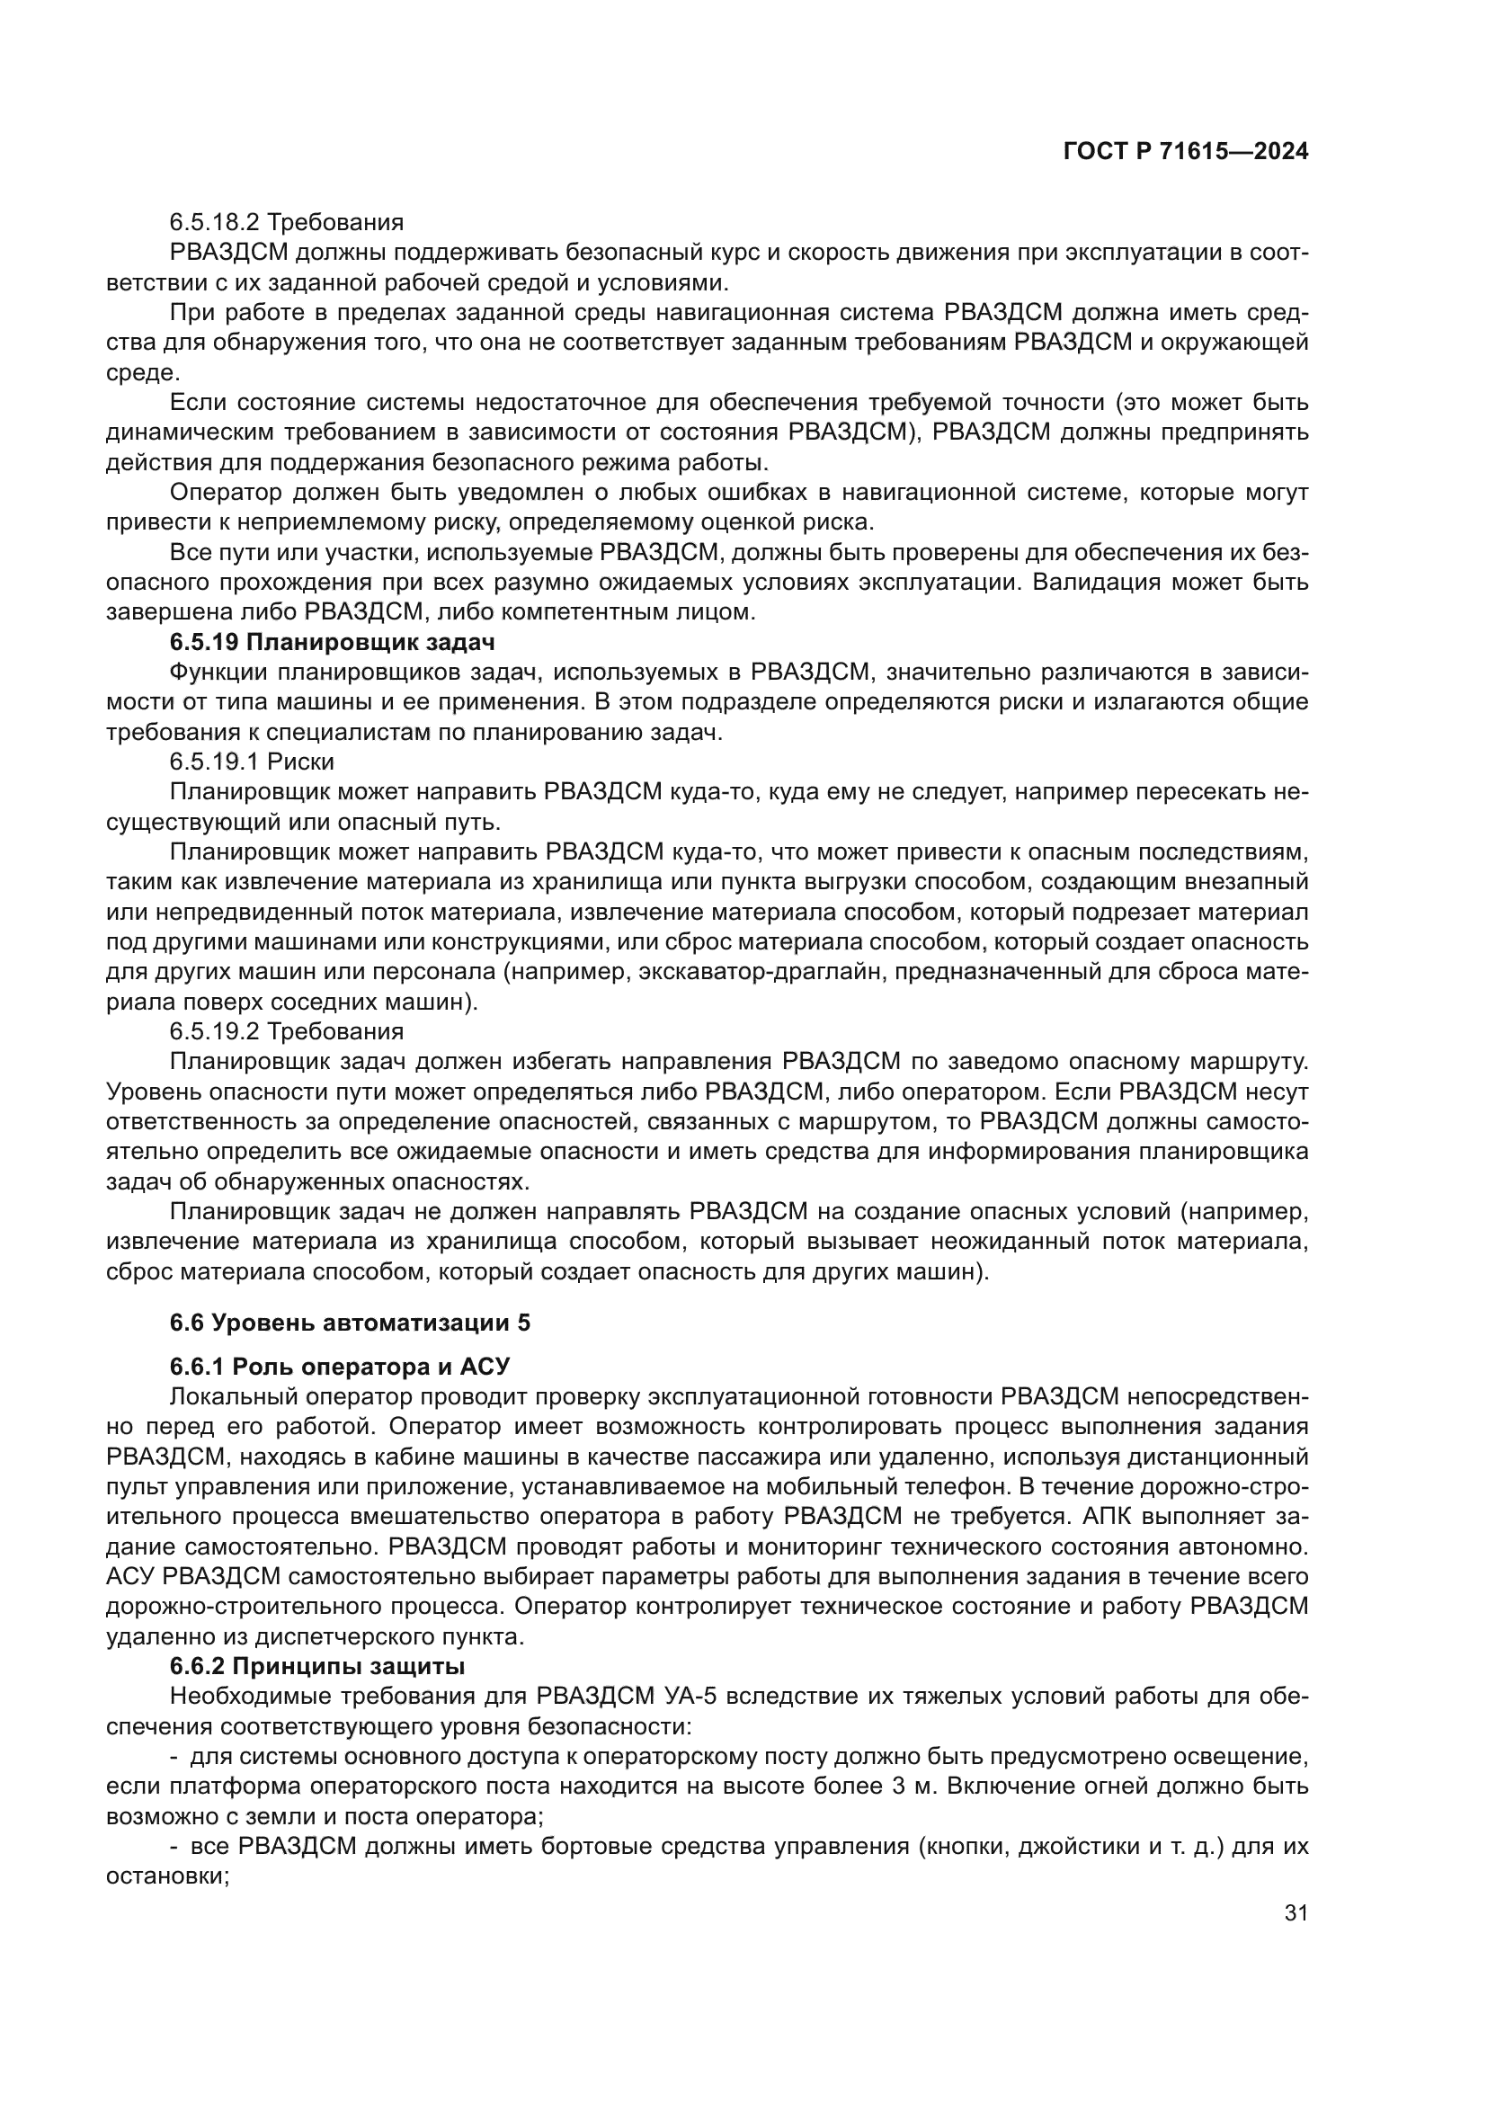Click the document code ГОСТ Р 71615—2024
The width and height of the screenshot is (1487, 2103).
click(1185, 152)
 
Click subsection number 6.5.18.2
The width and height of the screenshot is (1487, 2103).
click(214, 223)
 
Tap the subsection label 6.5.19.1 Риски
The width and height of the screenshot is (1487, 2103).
click(251, 762)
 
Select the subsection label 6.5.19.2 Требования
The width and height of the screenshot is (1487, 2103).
click(286, 1031)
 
